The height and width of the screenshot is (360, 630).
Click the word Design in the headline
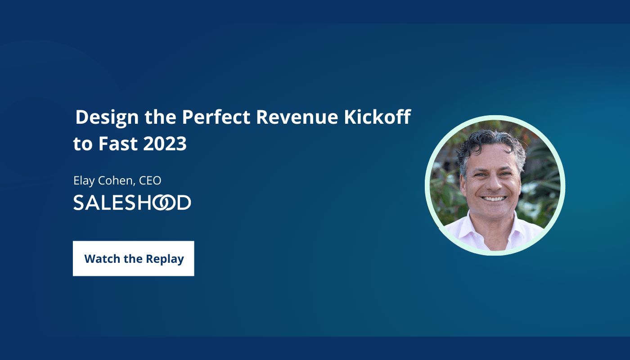pyautogui.click(x=107, y=117)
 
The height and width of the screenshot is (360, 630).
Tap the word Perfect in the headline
pyautogui.click(x=216, y=117)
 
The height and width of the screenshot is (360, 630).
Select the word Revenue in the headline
pyautogui.click(x=297, y=117)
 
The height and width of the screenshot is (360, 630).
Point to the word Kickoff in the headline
pyautogui.click(x=378, y=117)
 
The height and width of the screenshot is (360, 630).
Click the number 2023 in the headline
pyautogui.click(x=165, y=144)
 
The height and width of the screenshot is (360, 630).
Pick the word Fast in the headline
pyautogui.click(x=118, y=144)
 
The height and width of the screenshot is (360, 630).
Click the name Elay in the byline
pyautogui.click(x=84, y=181)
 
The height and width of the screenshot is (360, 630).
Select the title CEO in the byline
pyautogui.click(x=150, y=180)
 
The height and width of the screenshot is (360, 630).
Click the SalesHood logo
pyautogui.click(x=132, y=202)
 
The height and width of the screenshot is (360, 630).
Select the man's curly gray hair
pyautogui.click(x=491, y=149)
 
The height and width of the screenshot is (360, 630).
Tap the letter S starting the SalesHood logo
pyautogui.click(x=79, y=202)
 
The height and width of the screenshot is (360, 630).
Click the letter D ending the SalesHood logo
pyautogui.click(x=184, y=202)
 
